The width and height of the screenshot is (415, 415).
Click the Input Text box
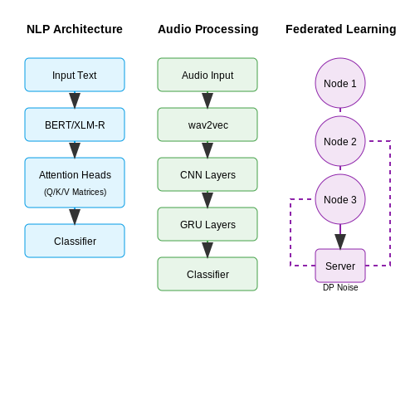(75, 75)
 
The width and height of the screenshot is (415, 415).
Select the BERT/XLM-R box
(75, 124)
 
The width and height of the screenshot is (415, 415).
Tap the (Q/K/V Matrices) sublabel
(75, 192)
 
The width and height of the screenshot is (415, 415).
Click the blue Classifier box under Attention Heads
(75, 241)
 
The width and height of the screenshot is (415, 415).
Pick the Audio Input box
(207, 75)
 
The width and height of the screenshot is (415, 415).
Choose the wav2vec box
(207, 124)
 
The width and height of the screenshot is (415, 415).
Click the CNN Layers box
(207, 174)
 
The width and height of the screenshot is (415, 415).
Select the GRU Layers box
(207, 224)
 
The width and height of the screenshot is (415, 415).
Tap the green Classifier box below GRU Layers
(207, 274)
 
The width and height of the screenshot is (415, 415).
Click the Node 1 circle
(340, 83)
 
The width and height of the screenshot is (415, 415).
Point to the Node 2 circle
(340, 141)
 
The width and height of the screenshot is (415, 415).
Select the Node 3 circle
(340, 199)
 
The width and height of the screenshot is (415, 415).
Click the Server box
(340, 266)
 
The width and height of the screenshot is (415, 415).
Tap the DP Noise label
(340, 287)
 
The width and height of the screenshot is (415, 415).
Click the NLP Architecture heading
(75, 29)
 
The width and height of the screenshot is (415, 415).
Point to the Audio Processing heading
(208, 29)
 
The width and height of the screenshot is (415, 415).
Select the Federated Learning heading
(341, 29)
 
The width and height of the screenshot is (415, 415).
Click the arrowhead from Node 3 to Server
(340, 242)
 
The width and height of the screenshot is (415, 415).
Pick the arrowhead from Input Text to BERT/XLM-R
(75, 100)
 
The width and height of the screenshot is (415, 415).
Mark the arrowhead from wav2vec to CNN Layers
(207, 150)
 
